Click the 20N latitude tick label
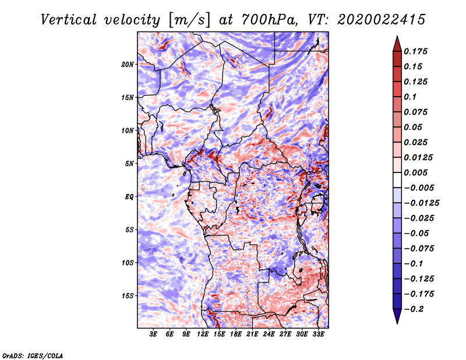point(128,65)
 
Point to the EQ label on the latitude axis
point(129,197)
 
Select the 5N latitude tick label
point(129,164)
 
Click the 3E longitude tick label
point(153,334)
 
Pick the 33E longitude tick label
point(318,334)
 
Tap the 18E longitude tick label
point(236,334)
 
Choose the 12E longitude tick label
point(203,334)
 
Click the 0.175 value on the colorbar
point(415,51)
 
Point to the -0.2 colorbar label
point(414,309)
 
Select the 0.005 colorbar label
point(415,172)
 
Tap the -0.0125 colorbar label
point(421,203)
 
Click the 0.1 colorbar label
point(410,97)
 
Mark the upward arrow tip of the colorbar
point(397,36)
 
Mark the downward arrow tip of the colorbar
point(397,323)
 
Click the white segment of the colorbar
point(397,180)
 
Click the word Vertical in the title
point(69,20)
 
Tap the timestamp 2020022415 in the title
point(382,20)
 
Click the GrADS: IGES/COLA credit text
point(33,355)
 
